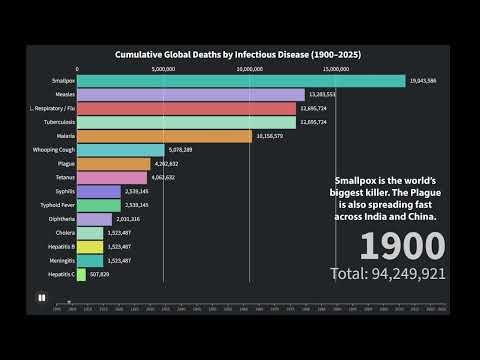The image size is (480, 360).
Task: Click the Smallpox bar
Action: point(240,81)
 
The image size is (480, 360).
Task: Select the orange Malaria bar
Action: point(164,136)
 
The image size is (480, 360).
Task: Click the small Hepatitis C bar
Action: point(81,274)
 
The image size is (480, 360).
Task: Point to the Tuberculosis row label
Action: point(58,122)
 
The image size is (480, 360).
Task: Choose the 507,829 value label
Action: point(99,274)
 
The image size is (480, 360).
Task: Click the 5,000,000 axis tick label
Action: point(164,69)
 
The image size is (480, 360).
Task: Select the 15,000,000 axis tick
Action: point(339,69)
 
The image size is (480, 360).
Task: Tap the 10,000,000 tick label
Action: point(251,69)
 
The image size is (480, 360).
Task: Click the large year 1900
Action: point(402,246)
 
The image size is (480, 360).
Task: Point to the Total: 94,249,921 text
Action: point(388,272)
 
